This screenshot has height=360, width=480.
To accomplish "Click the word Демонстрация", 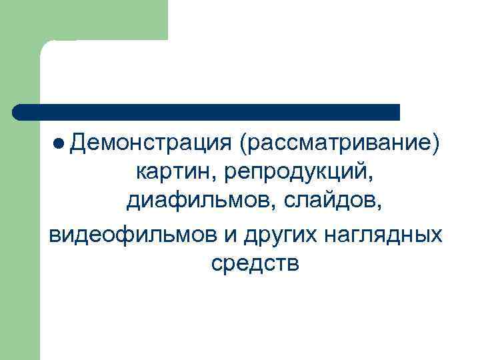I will [x=148, y=143].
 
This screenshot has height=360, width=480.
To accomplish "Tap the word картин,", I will [x=176, y=173].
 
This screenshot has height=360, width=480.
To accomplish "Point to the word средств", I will [x=255, y=264].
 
